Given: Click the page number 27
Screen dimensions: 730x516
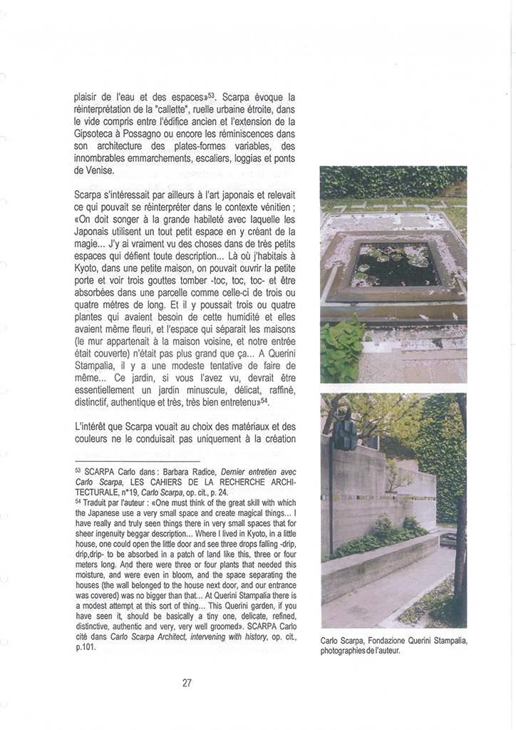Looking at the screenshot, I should (x=187, y=682).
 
